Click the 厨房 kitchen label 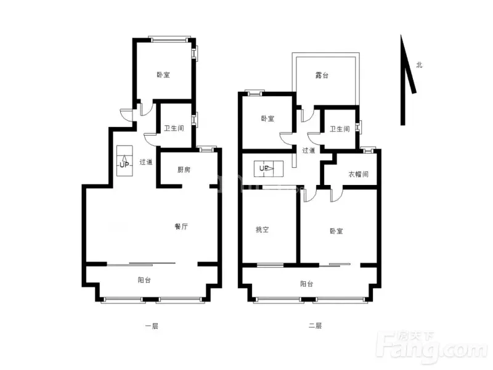184,170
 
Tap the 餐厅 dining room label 181,226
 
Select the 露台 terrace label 322,75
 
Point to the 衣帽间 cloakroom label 359,174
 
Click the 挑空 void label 263,229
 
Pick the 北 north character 419,65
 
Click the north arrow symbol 407,80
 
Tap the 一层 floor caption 152,326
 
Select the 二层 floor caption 315,326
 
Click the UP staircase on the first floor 124,161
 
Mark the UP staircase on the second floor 269,168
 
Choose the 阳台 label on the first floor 144,280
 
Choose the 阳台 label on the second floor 306,284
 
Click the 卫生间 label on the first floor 174,128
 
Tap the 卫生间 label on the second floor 340,129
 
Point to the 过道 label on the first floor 146,162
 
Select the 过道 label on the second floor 309,150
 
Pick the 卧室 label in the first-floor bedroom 163,75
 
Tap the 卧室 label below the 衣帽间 336,231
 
